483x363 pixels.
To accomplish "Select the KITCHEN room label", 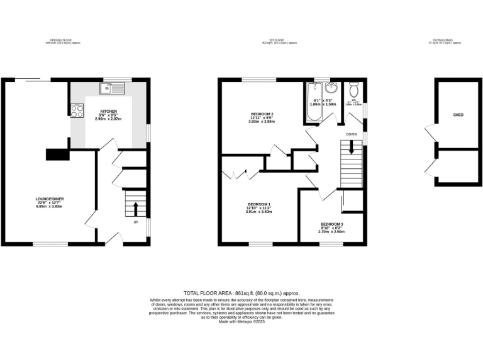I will click(109, 112).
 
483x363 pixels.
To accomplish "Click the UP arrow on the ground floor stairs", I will click(134, 208).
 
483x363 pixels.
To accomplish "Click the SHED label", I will click(458, 115).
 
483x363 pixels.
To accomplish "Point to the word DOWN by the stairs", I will click(352, 134).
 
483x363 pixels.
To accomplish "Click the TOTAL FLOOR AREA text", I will click(241, 293).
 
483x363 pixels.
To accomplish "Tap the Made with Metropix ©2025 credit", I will click(241, 322).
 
